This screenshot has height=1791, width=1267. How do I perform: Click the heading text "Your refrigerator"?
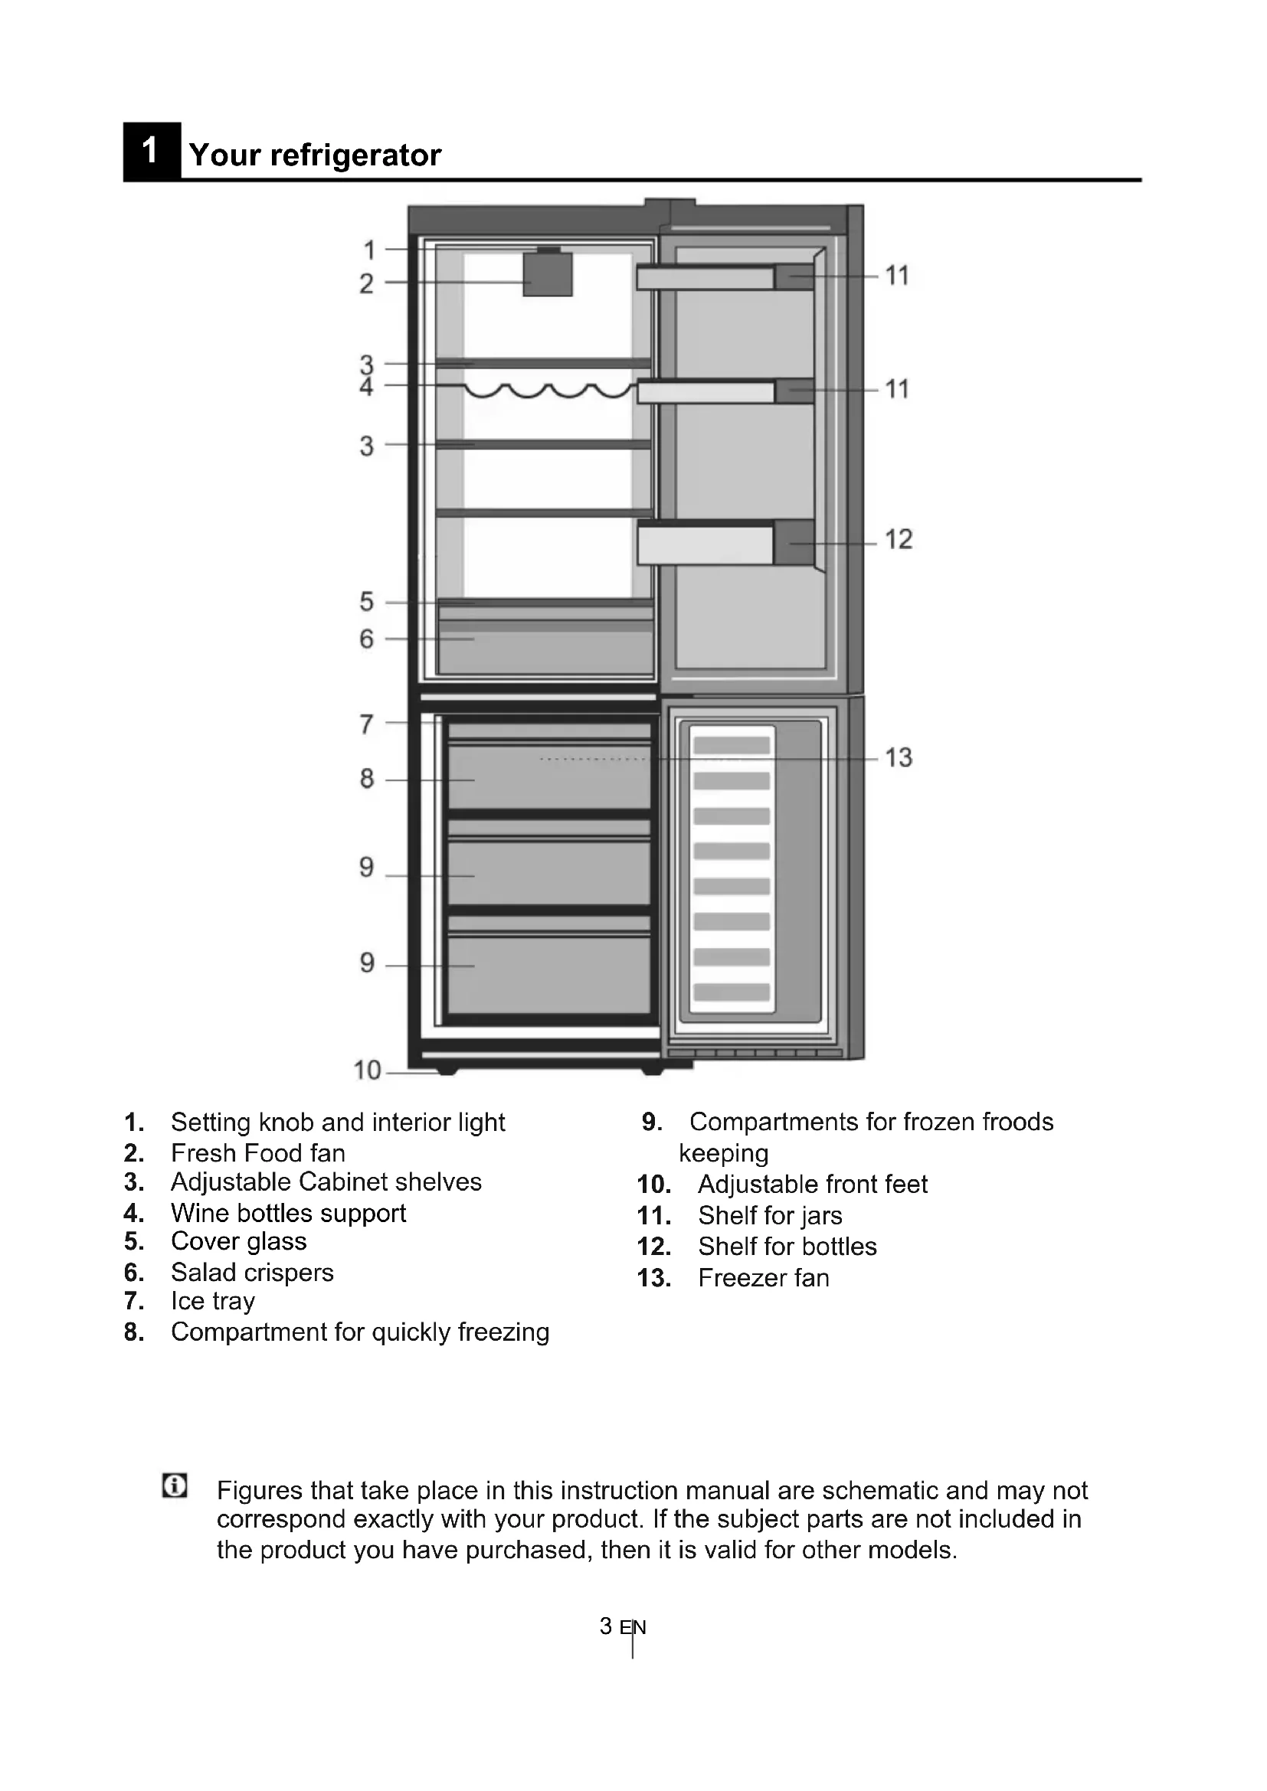(314, 155)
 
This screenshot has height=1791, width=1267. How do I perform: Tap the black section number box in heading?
(152, 152)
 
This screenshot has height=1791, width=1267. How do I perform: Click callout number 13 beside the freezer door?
(898, 757)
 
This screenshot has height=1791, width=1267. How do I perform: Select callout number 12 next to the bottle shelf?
(898, 539)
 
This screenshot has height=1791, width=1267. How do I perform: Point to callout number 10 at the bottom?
(367, 1070)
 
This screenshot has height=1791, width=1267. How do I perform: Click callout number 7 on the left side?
(367, 724)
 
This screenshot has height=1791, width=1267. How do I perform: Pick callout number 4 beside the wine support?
(367, 387)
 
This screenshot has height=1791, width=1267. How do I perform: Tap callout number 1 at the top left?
(369, 250)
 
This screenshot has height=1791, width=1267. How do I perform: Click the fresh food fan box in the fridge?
(547, 274)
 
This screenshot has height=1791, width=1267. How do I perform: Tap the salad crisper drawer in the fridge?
(546, 647)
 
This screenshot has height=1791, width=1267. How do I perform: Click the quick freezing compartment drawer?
(548, 777)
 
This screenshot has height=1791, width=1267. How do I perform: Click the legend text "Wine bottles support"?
(288, 1213)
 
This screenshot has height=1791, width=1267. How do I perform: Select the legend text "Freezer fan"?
(763, 1278)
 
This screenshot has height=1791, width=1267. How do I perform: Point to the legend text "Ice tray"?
(212, 1300)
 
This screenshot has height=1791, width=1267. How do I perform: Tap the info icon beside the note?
(175, 1486)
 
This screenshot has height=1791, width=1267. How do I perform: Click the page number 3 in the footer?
(605, 1626)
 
